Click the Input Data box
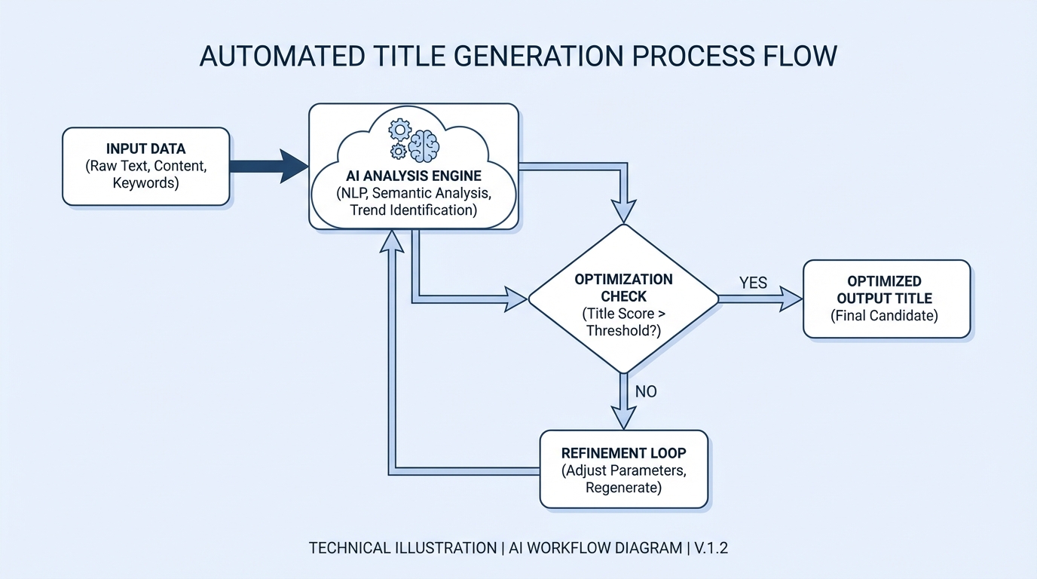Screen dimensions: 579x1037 coord(145,166)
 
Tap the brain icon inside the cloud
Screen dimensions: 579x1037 coord(424,142)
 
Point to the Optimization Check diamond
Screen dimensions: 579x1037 coord(623,299)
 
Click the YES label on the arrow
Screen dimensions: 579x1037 coord(753,283)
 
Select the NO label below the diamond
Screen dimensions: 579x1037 coord(646,391)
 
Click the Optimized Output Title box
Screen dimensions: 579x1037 coord(886,299)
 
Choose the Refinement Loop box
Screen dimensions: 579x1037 coord(623,469)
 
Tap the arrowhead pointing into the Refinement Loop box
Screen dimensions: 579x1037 coord(623,419)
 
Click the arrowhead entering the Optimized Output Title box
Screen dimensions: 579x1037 coord(791,299)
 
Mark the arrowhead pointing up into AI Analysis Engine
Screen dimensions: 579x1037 coord(393,240)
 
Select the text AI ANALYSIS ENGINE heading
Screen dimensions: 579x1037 coord(413,176)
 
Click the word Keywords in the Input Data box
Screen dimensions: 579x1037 coord(145,182)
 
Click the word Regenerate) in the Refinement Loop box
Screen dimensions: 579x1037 coord(623,488)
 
